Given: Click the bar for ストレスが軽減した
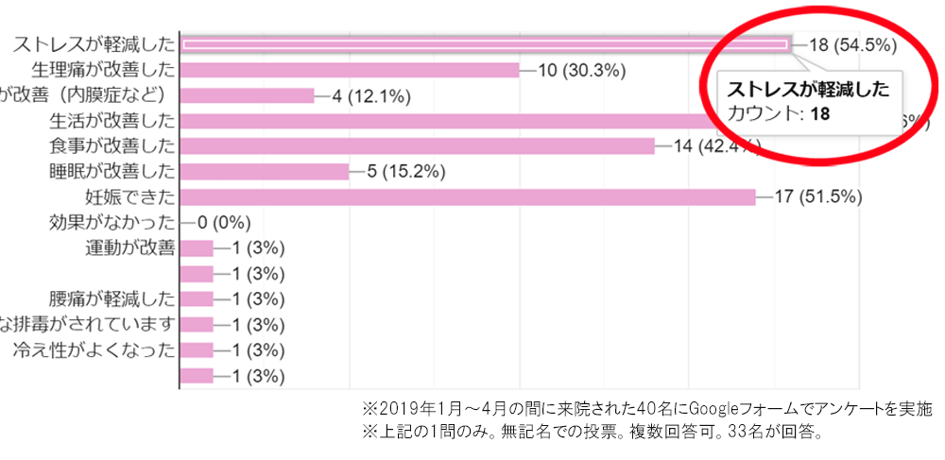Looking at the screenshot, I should pos(484,43).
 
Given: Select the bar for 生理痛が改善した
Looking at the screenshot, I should pos(350,69).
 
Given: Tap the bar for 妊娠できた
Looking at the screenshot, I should pos(468,196).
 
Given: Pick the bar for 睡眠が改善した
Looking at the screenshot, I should pos(265,171).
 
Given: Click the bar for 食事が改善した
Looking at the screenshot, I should pos(417,145).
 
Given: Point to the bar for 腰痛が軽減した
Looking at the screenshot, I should pos(197,298).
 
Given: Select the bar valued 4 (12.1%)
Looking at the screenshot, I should pos(247,94).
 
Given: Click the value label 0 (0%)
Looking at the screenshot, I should pos(222,222).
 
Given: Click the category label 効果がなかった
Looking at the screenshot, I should pos(112,222).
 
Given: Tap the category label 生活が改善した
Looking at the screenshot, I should pos(112,120).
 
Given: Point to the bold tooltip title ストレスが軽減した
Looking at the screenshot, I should pos(808,90).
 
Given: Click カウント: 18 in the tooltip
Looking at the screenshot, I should pos(779,113).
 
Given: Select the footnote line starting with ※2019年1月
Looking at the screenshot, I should pos(647,410).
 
